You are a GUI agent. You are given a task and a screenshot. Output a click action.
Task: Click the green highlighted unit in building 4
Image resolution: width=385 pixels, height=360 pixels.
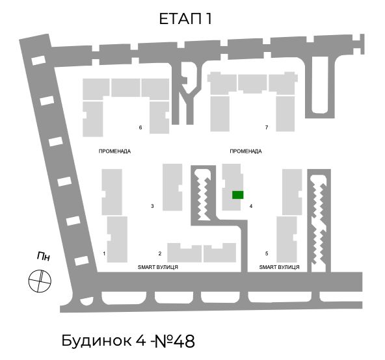tap(237, 195)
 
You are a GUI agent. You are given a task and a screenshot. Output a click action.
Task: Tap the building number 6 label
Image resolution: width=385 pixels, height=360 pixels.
tap(140, 127)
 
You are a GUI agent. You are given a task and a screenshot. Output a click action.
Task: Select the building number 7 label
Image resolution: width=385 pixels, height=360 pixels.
tap(267, 127)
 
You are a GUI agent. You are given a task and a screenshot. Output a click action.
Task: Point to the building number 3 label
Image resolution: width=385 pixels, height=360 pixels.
tap(152, 206)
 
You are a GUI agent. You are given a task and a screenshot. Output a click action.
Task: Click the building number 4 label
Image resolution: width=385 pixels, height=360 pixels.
tap(251, 206)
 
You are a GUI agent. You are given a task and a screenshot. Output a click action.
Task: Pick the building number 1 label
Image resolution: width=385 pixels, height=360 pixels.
tap(104, 253)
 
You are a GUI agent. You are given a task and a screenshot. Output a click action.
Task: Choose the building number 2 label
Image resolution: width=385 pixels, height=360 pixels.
tap(160, 253)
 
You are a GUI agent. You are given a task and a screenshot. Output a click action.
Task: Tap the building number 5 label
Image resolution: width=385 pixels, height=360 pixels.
tap(267, 253)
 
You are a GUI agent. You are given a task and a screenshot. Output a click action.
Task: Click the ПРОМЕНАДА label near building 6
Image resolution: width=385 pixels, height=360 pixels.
tap(114, 151)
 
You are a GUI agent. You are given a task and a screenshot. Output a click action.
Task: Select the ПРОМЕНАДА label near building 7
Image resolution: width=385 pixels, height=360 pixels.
tap(246, 151)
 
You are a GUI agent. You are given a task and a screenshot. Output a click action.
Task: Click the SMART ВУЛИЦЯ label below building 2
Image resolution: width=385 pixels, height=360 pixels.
tap(158, 267)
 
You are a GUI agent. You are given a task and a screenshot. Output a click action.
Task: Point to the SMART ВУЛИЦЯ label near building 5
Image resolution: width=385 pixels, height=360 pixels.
tap(280, 267)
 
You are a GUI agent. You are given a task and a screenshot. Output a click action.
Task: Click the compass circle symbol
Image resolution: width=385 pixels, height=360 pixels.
tap(40, 281)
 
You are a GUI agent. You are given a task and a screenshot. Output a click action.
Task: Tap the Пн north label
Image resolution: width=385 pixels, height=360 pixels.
tap(44, 256)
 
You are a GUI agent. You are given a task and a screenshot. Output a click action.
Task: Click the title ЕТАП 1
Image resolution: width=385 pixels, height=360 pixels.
tap(185, 19)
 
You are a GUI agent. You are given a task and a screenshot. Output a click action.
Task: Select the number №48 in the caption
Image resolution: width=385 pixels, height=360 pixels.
tap(174, 341)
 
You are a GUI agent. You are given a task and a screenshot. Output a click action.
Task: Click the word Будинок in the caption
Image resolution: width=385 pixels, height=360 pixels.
tap(96, 341)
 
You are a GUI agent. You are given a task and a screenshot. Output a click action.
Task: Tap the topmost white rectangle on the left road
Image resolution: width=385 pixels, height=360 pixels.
tap(38, 60)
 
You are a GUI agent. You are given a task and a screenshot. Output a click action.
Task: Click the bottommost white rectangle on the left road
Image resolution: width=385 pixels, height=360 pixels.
tap(81, 261)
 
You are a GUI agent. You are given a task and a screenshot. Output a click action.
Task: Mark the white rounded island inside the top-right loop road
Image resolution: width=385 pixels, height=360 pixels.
tap(320, 84)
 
